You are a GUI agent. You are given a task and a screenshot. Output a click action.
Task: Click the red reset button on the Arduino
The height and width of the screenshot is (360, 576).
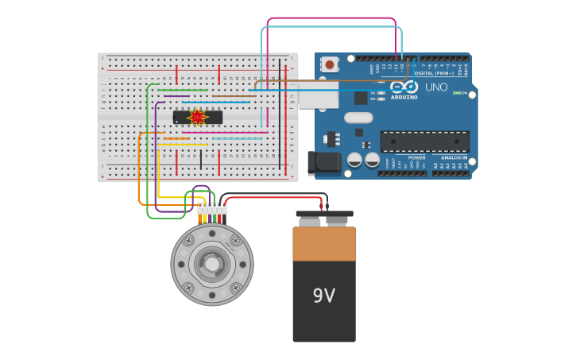329,64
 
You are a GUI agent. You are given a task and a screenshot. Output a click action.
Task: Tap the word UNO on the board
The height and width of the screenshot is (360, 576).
436,87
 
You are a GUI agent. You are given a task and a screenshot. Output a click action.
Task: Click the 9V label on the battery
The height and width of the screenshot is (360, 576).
323,296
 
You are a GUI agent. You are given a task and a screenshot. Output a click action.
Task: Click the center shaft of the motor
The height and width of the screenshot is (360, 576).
212,264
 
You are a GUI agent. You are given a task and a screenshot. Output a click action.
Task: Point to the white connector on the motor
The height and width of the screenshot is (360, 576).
212,209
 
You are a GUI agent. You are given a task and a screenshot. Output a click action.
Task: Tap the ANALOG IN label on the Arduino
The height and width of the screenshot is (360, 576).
454,157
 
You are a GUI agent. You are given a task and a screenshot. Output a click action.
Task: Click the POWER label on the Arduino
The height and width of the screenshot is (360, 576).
416,157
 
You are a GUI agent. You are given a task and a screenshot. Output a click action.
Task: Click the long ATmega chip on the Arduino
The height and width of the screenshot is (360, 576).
424,141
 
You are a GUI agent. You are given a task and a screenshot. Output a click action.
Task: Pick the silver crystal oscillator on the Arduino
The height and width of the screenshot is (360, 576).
358,118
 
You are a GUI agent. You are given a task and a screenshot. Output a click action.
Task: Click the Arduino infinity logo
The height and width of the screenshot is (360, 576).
404,87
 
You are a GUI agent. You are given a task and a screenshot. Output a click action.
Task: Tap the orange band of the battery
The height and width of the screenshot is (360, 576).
324,244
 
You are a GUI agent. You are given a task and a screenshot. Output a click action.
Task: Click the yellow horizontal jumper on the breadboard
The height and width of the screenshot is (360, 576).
183,145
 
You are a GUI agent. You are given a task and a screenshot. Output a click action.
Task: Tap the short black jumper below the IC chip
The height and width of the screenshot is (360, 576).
200,159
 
